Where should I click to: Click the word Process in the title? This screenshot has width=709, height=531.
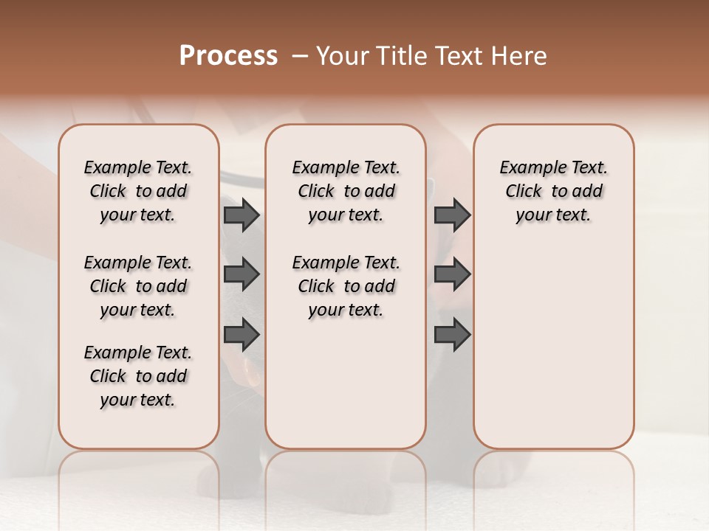coord(228,55)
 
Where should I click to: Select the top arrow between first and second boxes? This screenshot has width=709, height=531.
coord(242,215)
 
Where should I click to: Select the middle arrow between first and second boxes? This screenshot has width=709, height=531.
coord(242,274)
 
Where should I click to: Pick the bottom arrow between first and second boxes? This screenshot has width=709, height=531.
coord(242,335)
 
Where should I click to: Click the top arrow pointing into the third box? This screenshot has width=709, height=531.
coord(452,215)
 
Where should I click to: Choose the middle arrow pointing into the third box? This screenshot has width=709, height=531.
coord(452,274)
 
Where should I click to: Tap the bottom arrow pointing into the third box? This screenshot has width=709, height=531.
coord(452,335)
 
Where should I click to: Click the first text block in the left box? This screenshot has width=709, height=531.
coord(138,191)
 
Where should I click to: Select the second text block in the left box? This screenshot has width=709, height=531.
coord(138,286)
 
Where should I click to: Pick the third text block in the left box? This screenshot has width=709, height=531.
coord(138,376)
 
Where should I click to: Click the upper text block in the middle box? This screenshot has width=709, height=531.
coord(346,191)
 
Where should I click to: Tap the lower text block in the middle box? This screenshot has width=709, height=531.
coord(346,286)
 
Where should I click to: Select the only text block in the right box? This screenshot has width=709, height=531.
coord(554,191)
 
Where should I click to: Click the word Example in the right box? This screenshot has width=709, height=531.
coord(527,168)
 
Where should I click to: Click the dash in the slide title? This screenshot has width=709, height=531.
coord(299,56)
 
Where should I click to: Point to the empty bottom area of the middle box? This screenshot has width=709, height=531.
coord(346,391)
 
